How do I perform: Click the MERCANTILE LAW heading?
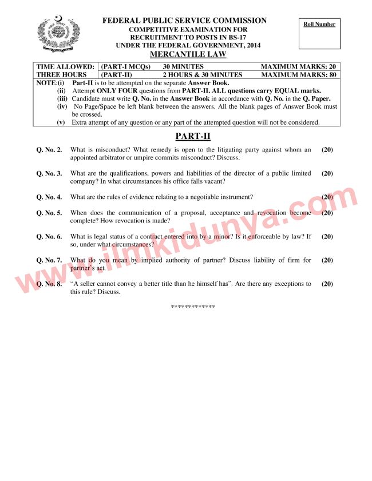click(x=188, y=54)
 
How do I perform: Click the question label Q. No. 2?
click(x=49, y=150)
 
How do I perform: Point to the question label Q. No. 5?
click(x=49, y=213)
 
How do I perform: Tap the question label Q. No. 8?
click(x=49, y=284)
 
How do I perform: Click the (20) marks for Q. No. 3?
click(x=327, y=173)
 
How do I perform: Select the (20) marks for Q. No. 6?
click(x=327, y=236)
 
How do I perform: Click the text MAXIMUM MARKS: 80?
click(x=299, y=75)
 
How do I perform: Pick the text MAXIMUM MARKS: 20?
click(x=299, y=67)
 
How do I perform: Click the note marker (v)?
click(x=61, y=122)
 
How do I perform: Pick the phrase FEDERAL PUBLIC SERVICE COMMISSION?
click(x=184, y=21)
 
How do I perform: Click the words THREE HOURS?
click(x=62, y=75)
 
